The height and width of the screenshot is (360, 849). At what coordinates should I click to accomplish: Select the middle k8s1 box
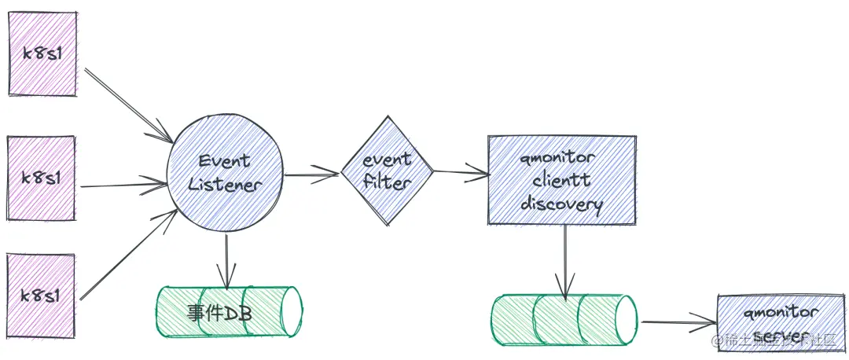pos(42,178)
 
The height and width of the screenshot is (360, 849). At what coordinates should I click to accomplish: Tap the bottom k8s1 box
pos(42,296)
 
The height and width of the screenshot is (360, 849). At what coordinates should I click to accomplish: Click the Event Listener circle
pos(226,174)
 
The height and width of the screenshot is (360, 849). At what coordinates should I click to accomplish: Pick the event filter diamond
pos(388,171)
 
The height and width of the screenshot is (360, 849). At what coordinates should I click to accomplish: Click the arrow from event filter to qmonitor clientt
pos(461,171)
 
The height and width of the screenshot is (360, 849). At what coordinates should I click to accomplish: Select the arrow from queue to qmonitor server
pos(677,321)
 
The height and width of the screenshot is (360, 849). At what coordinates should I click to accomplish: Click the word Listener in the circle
pos(225,186)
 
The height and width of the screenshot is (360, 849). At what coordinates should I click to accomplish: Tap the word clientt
pos(560,182)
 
